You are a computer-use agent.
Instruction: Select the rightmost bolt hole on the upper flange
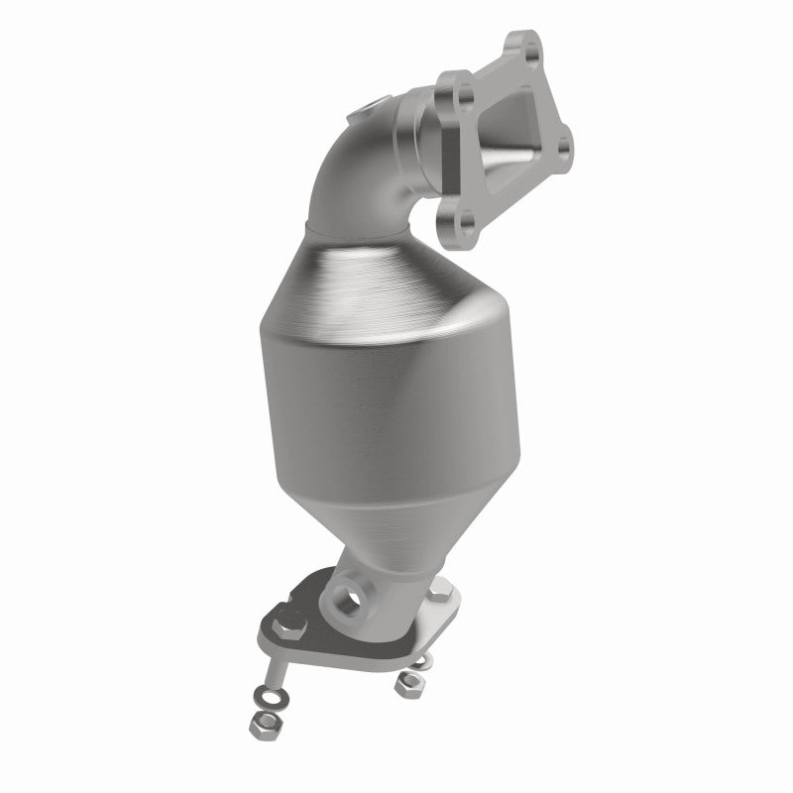[x=564, y=148]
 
